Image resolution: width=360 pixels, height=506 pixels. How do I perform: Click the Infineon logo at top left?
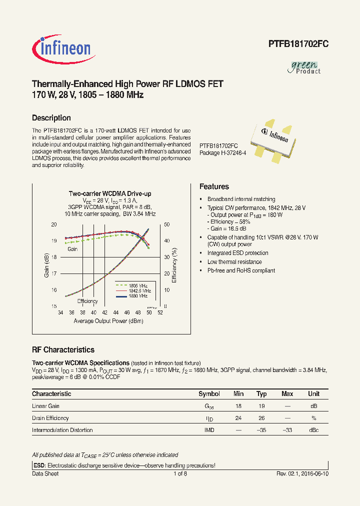click(x=61, y=48)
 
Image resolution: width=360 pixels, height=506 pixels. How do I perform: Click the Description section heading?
click(x=51, y=118)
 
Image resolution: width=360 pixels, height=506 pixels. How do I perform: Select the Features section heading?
click(x=214, y=186)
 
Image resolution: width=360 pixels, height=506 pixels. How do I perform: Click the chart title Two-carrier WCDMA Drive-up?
click(x=109, y=193)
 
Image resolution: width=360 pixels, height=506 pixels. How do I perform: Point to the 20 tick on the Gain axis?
click(x=53, y=224)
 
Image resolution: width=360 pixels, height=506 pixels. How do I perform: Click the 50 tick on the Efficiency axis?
click(x=167, y=224)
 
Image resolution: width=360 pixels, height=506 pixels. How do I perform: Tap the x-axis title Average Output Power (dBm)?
click(x=108, y=321)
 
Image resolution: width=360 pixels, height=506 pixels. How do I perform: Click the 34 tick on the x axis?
click(x=60, y=312)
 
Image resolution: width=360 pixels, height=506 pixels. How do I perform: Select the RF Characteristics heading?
click(x=63, y=350)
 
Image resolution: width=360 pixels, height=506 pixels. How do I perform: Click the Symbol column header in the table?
click(x=209, y=394)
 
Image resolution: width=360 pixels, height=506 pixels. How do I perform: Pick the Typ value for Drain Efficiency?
click(x=261, y=418)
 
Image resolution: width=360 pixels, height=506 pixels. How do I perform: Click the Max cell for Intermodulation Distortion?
click(x=287, y=430)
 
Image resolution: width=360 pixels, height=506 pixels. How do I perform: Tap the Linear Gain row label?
click(x=45, y=406)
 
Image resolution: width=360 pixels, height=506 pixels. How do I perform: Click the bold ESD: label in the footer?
click(x=38, y=465)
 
